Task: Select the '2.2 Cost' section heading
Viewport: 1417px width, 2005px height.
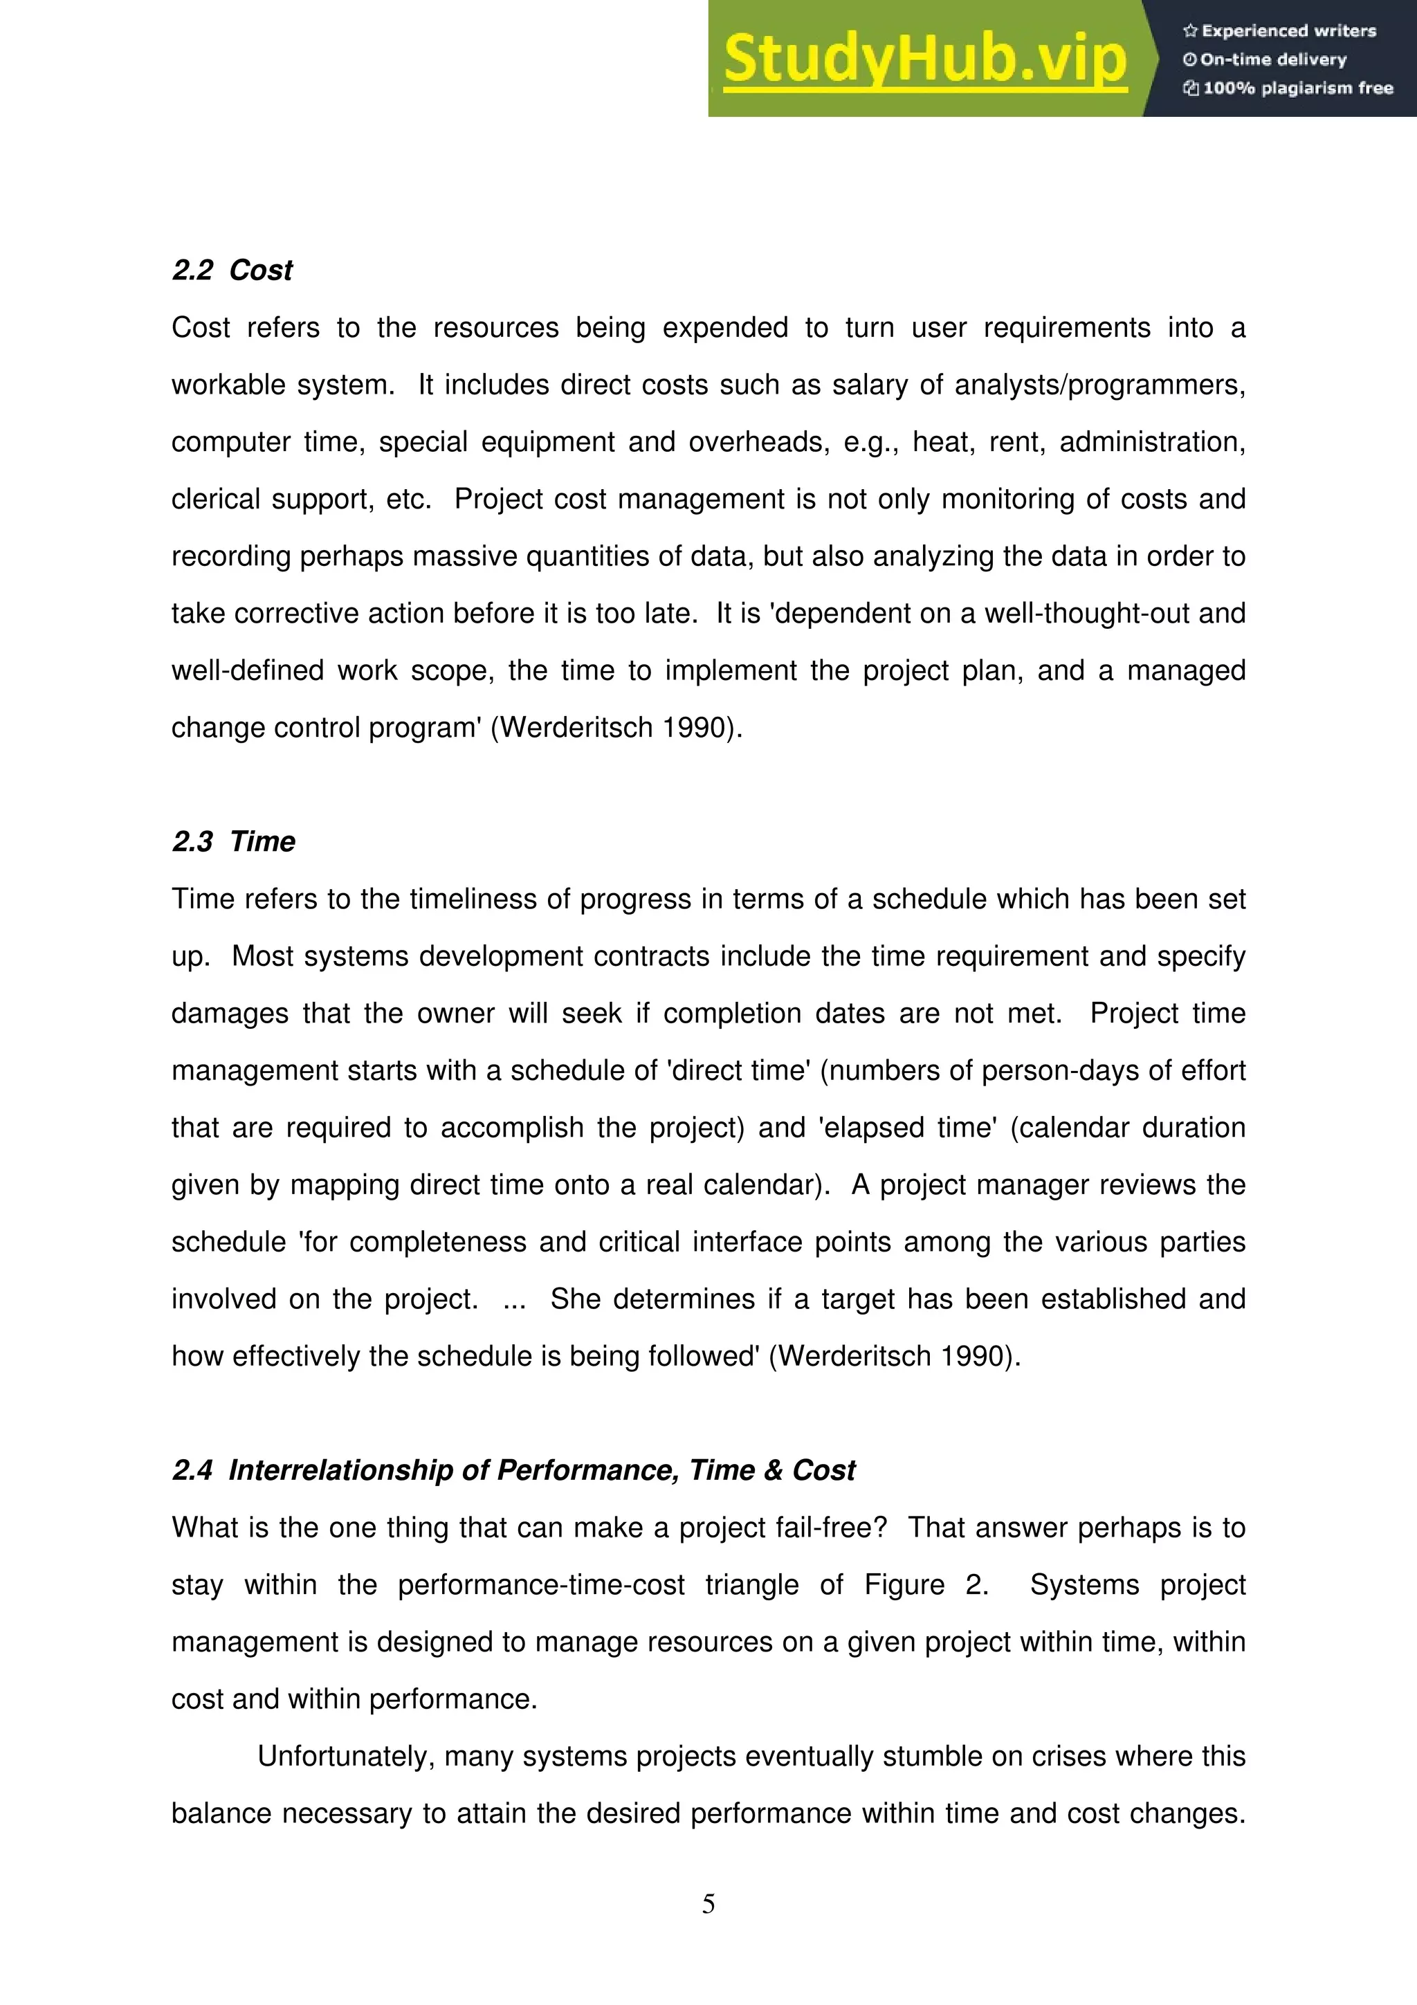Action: [x=232, y=271]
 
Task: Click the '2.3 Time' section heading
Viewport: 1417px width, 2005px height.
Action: [x=233, y=842]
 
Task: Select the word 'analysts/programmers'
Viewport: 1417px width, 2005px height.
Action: [x=1099, y=385]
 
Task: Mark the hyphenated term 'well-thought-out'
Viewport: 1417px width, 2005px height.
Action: [x=1087, y=614]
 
